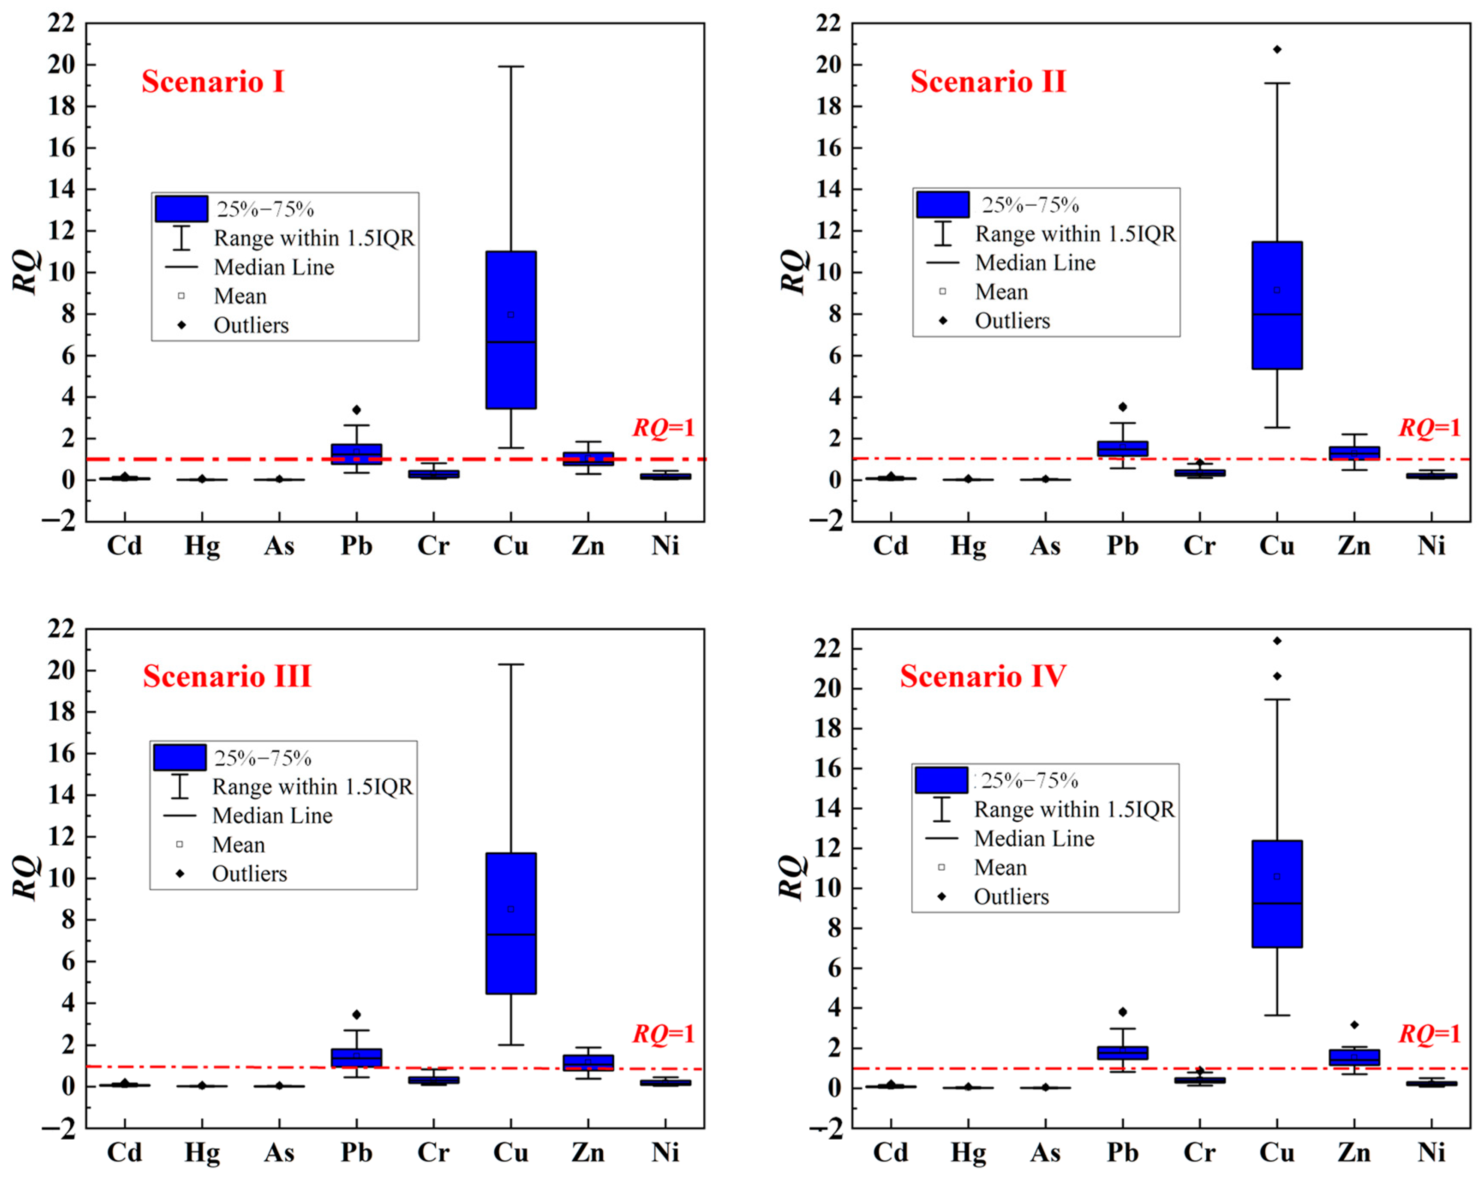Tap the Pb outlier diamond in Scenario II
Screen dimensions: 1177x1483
pyautogui.click(x=1123, y=407)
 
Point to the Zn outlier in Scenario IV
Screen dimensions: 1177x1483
pyautogui.click(x=1354, y=1025)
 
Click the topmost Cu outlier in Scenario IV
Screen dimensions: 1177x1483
pyautogui.click(x=1277, y=641)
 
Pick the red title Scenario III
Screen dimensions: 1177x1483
pyautogui.click(x=227, y=676)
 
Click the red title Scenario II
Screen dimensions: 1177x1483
pyautogui.click(x=988, y=82)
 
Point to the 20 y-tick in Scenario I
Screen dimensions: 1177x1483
pyautogui.click(x=61, y=65)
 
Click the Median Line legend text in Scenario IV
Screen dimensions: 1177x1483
pyautogui.click(x=1034, y=839)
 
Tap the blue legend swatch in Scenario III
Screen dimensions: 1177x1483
pyautogui.click(x=179, y=758)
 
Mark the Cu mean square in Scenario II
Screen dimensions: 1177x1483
pyautogui.click(x=1277, y=291)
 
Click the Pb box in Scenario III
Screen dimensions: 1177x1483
pyautogui.click(x=356, y=1058)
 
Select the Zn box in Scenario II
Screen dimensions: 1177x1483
pyautogui.click(x=1354, y=452)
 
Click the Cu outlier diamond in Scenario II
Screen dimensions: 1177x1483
pyautogui.click(x=1277, y=50)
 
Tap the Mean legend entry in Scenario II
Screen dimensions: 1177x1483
pyautogui.click(x=1001, y=292)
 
